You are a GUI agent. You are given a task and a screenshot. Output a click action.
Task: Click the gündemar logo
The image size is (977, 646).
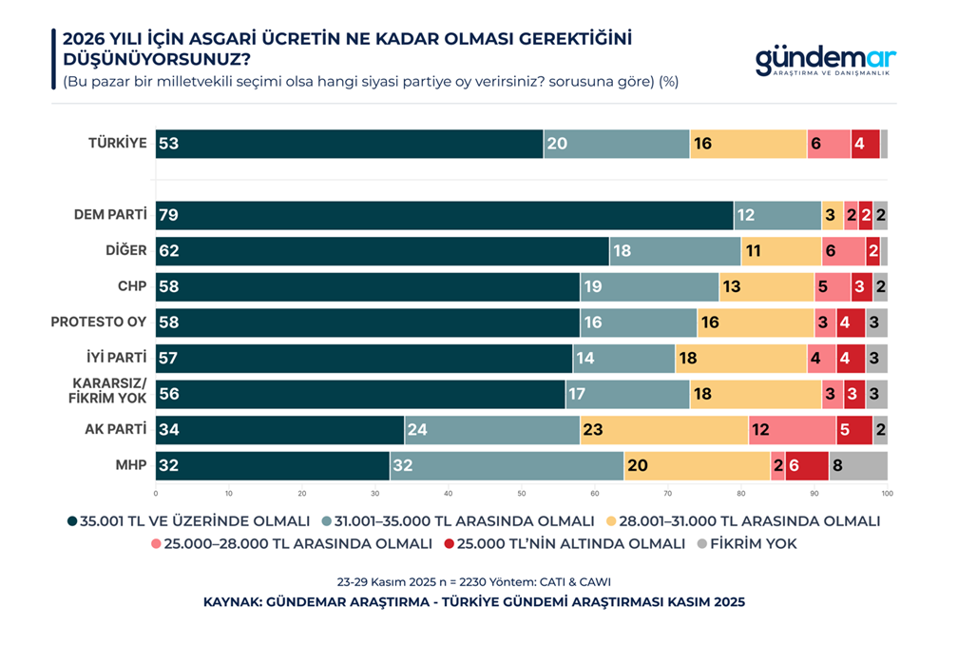coord(825,62)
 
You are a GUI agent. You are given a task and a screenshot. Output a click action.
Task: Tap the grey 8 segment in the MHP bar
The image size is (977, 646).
coord(857,466)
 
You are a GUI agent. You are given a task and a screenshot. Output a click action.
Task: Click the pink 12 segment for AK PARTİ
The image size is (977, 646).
coord(792,430)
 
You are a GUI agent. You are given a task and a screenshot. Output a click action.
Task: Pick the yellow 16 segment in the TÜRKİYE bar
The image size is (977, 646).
coord(748,144)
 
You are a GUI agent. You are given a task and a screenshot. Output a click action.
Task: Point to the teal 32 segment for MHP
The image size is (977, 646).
coord(506,466)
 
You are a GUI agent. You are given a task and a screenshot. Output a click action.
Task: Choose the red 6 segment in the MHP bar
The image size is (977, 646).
coord(806,466)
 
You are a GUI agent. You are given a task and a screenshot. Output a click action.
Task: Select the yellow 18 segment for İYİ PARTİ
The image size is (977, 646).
coord(740,359)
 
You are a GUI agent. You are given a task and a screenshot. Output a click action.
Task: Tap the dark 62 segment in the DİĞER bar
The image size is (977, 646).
coord(382,251)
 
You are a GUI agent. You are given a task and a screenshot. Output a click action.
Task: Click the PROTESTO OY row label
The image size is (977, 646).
coord(99,323)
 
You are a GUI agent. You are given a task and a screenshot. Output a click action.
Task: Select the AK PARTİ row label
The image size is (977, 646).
coord(115,430)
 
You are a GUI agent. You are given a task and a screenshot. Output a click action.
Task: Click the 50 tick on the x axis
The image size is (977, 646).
coord(522,493)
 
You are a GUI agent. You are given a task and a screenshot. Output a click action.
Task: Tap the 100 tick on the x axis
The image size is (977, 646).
coord(886,493)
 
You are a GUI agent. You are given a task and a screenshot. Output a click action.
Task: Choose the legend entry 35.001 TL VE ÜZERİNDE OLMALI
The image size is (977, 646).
coord(189,521)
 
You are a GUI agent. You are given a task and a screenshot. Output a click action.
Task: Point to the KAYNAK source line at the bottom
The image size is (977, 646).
coord(474,602)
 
